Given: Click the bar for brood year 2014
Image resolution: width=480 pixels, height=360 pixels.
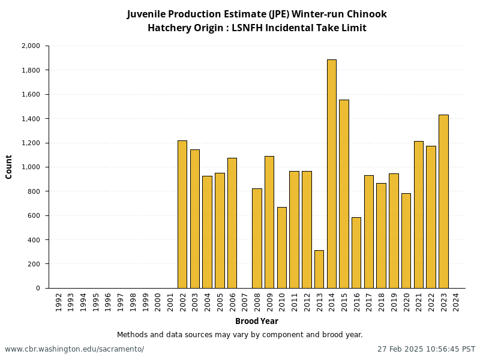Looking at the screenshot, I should pyautogui.click(x=332, y=174).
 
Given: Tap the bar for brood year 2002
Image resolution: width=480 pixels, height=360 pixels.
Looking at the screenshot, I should pyautogui.click(x=182, y=214).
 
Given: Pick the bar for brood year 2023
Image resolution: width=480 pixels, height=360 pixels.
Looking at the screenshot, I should pyautogui.click(x=443, y=202).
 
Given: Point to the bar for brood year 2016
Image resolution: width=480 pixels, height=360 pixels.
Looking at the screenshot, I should pyautogui.click(x=356, y=253).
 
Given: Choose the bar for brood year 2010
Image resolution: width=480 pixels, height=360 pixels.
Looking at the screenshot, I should pyautogui.click(x=282, y=248).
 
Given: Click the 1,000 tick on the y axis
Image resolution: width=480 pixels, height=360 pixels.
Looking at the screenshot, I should pyautogui.click(x=30, y=167).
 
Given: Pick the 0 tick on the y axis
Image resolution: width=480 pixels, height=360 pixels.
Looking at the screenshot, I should pyautogui.click(x=38, y=289).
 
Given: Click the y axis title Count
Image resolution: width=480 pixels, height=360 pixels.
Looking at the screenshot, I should pyautogui.click(x=9, y=167).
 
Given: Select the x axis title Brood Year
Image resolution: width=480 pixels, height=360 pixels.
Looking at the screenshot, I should pyautogui.click(x=256, y=322).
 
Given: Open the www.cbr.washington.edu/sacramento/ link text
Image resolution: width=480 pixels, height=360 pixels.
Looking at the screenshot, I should pyautogui.click(x=74, y=349).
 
